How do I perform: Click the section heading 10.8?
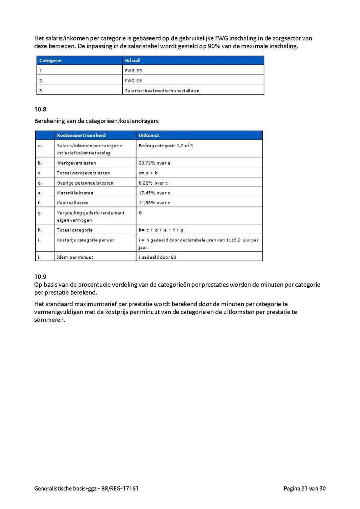[40, 109]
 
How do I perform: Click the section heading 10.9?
[40, 277]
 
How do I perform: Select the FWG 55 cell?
[134, 71]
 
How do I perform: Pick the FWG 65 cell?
[134, 81]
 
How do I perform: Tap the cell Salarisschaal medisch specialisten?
[162, 91]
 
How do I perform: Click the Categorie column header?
[50, 60]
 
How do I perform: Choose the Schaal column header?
[132, 60]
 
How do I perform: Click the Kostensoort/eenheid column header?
[81, 136]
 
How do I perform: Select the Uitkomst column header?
[149, 136]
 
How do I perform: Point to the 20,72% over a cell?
[154, 163]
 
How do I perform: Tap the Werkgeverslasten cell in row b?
[76, 163]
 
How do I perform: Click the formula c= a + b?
[148, 173]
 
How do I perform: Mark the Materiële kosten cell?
[75, 193]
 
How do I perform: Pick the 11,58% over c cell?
[154, 203]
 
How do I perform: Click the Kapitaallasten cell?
[72, 203]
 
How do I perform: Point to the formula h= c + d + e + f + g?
[161, 230]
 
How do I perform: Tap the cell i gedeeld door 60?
[157, 257]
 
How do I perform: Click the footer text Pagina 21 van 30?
[305, 489]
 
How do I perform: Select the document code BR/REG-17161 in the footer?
[120, 489]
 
